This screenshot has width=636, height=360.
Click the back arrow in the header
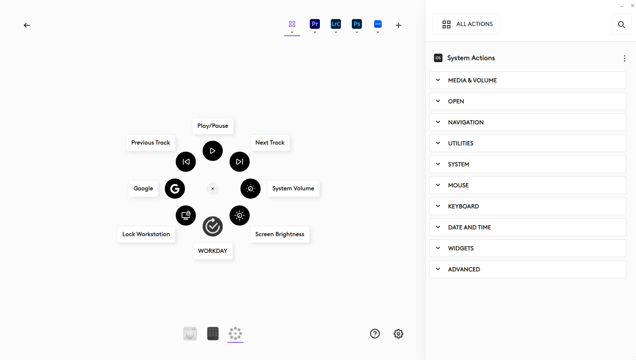(26, 25)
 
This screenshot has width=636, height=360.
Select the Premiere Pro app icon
(314, 24)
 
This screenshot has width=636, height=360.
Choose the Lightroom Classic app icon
(335, 24)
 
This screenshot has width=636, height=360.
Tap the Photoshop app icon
(356, 24)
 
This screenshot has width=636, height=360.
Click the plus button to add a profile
(398, 25)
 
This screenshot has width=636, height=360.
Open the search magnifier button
(621, 24)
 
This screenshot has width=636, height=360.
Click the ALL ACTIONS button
(466, 24)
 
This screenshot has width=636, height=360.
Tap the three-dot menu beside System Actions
(624, 58)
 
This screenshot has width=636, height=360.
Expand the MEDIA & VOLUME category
(528, 80)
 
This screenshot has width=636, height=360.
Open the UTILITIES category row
(528, 143)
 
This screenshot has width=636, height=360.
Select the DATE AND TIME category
(528, 227)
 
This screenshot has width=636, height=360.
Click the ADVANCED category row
(528, 269)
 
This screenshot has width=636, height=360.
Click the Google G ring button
(174, 189)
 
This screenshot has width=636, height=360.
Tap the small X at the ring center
(212, 189)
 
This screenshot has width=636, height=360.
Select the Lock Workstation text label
(146, 234)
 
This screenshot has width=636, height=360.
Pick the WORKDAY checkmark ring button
(212, 226)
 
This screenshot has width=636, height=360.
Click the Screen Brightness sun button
(239, 215)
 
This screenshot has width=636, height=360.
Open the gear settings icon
(398, 334)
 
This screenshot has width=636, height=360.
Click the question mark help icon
(375, 334)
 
